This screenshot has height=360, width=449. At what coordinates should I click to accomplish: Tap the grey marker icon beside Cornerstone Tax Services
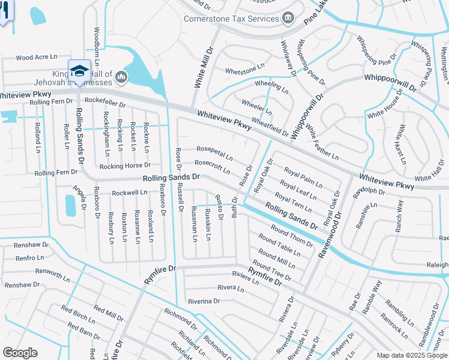tap(288, 17)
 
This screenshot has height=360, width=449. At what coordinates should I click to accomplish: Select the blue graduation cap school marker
tap(79, 71)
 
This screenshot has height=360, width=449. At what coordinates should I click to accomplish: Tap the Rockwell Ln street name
tap(130, 193)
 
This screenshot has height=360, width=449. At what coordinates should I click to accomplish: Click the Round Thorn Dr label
tap(292, 235)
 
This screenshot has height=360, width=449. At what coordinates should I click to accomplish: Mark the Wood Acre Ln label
tap(36, 57)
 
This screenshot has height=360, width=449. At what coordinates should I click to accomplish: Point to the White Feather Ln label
tap(321, 143)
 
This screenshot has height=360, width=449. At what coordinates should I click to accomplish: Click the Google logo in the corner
tap(20, 353)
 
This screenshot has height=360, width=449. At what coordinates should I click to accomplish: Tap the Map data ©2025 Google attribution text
tap(411, 355)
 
